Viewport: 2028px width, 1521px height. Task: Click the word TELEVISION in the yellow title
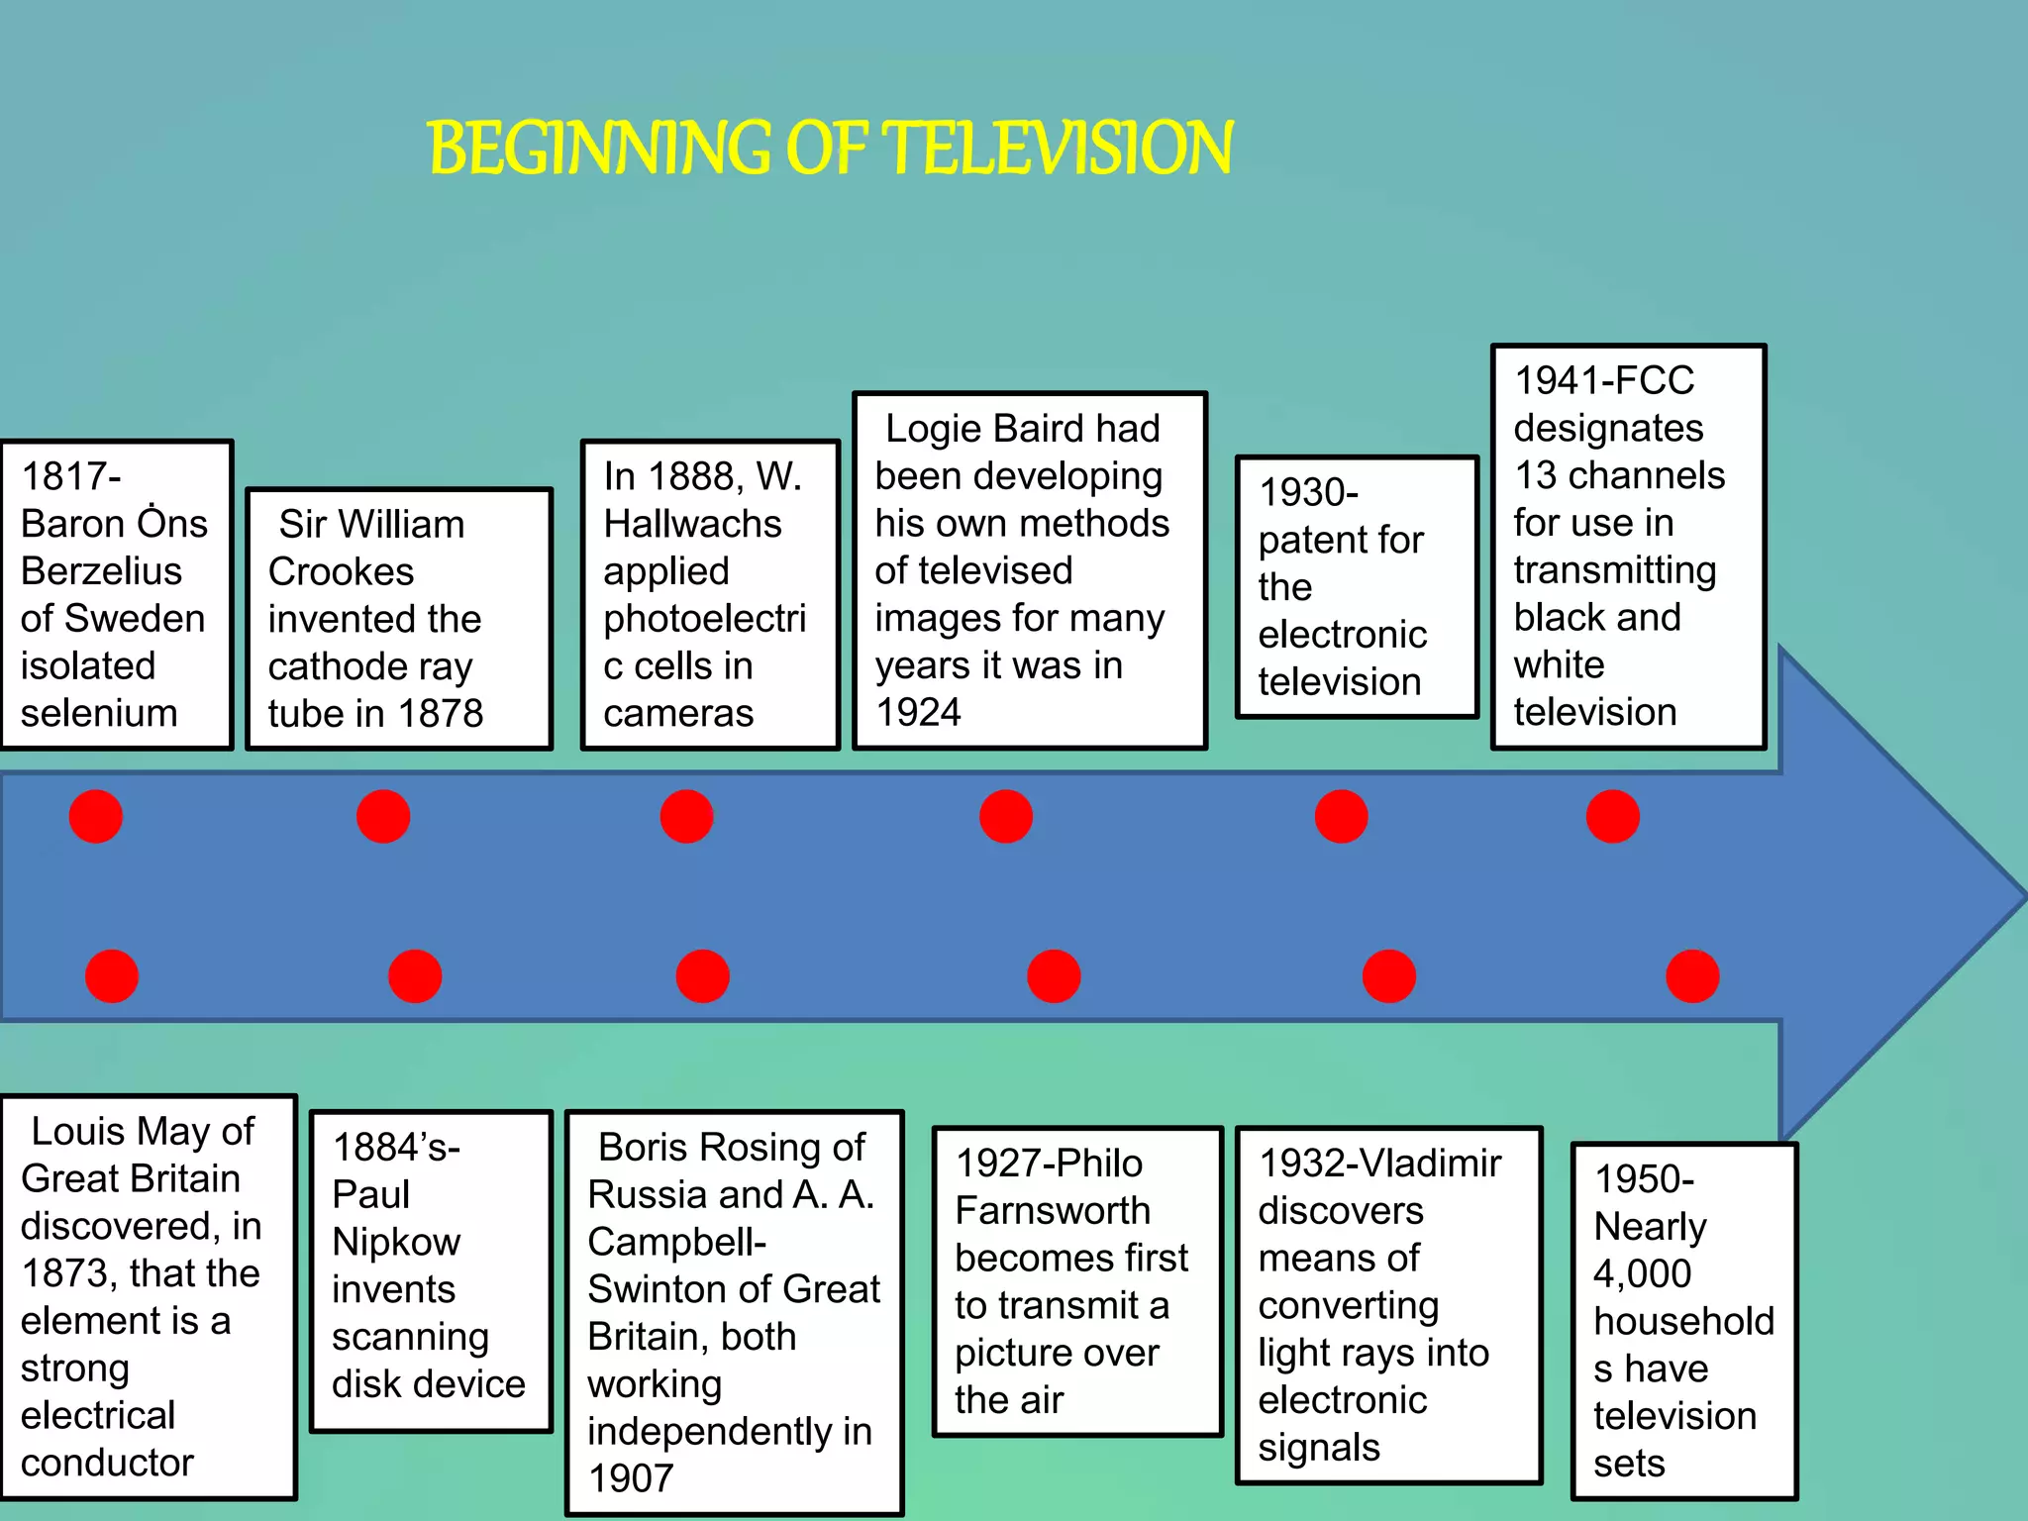click(1058, 149)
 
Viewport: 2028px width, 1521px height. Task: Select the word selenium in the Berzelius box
click(99, 713)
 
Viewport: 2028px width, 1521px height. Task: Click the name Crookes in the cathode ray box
click(341, 571)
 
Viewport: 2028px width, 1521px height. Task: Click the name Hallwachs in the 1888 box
click(692, 524)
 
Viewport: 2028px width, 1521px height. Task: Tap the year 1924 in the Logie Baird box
click(918, 712)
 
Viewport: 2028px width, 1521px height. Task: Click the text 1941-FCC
click(1604, 380)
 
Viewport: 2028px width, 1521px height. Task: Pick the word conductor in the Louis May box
click(107, 1463)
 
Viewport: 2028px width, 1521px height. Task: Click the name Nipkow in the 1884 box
click(396, 1242)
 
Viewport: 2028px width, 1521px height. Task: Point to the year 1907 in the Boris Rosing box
click(631, 1478)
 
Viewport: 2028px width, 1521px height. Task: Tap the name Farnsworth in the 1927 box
click(1052, 1210)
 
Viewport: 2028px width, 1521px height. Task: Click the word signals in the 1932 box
click(1318, 1448)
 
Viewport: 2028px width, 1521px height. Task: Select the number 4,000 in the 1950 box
click(1642, 1273)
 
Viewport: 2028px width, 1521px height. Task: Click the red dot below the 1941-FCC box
click(1612, 816)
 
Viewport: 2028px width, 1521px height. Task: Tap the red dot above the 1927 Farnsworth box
click(1054, 976)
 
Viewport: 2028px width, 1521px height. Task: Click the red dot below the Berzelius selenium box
click(96, 816)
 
